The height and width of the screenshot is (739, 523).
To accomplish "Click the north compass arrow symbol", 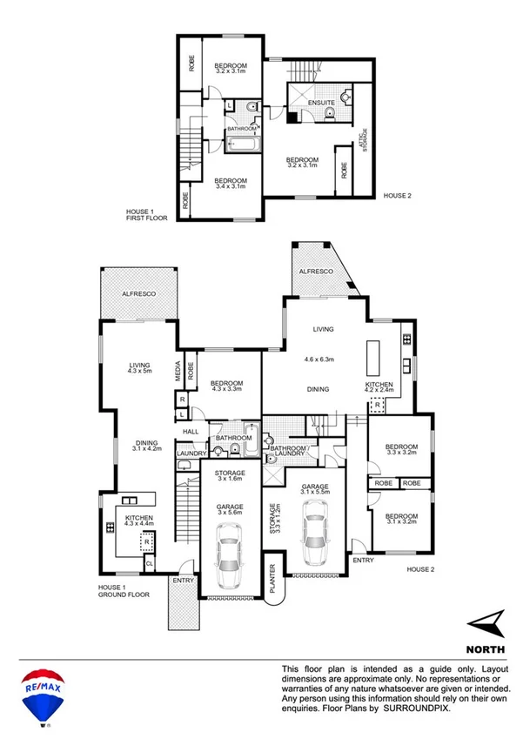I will [x=486, y=621].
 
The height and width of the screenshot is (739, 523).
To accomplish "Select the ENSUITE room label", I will [x=321, y=104].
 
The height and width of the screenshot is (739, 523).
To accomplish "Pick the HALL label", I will [x=191, y=431].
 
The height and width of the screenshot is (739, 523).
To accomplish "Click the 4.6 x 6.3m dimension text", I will [x=320, y=359].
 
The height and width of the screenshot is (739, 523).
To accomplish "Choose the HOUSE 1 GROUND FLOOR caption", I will [x=124, y=591].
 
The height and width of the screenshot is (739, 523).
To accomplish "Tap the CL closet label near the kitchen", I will [x=150, y=563].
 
